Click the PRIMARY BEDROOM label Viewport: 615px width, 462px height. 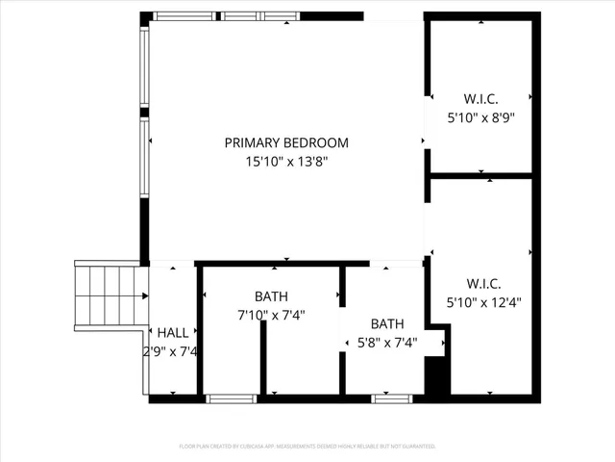(286, 142)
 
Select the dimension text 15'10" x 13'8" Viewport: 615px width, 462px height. (286, 162)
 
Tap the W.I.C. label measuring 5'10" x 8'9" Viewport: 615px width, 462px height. (481, 98)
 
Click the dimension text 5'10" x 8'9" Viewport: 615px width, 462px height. (481, 117)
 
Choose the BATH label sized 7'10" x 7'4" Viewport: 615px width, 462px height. (271, 296)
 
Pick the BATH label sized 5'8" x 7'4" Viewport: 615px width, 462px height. (387, 323)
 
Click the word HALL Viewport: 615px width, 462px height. (173, 332)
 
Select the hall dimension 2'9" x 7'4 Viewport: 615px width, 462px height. (171, 351)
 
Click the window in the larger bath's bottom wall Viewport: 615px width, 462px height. (232, 398)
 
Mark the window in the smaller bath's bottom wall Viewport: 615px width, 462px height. (391, 398)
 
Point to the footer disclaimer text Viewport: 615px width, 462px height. (307, 446)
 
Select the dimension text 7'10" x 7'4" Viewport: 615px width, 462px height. (271, 315)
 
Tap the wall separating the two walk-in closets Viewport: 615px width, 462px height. (480, 176)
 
